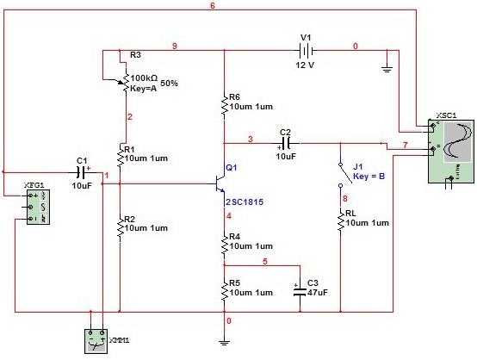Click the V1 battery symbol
click(306, 51)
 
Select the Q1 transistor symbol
click(220, 183)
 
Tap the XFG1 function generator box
click(38, 207)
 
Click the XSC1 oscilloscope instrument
click(451, 152)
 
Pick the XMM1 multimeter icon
click(96, 341)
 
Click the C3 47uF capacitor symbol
click(300, 291)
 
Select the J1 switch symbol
click(344, 175)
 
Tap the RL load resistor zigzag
click(340, 222)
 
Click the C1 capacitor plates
click(81, 172)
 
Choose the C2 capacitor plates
click(285, 143)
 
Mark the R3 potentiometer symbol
click(125, 80)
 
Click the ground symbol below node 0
click(224, 343)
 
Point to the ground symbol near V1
click(387, 69)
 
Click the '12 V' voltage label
click(305, 65)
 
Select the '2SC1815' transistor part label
click(245, 202)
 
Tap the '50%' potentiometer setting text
click(169, 83)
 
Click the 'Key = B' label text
click(369, 177)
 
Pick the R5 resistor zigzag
click(225, 291)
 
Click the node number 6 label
click(213, 6)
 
